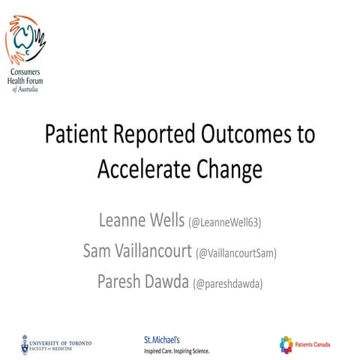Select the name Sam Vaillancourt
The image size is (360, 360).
pos(136,250)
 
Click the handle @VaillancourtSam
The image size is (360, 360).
pos(236,253)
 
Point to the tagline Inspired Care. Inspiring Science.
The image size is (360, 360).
pos(177,350)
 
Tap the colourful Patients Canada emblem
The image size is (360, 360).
pos(286,343)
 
